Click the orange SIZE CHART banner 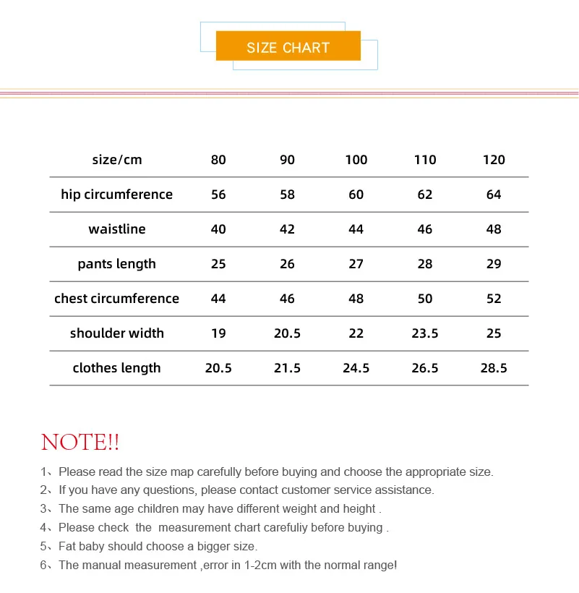click(x=288, y=48)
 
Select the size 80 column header click(x=218, y=160)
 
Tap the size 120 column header click(x=494, y=160)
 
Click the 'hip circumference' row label click(x=117, y=195)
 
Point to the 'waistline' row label click(x=117, y=229)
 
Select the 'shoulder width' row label click(x=117, y=333)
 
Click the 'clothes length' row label click(x=117, y=368)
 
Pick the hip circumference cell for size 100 click(x=356, y=195)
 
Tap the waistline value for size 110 click(x=425, y=229)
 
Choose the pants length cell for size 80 click(x=218, y=264)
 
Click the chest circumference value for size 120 click(x=494, y=299)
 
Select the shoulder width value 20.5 click(x=287, y=333)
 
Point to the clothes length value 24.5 click(x=356, y=368)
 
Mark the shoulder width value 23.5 click(x=425, y=333)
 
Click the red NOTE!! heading click(x=80, y=442)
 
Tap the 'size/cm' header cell click(x=117, y=160)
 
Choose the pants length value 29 click(x=494, y=264)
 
